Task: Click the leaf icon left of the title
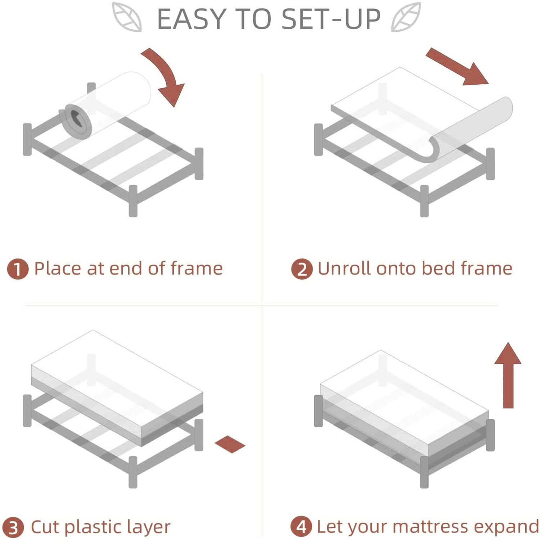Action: click(x=126, y=17)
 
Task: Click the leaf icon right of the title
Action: click(x=406, y=17)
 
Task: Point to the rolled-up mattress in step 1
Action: click(x=106, y=104)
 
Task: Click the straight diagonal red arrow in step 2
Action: click(x=457, y=67)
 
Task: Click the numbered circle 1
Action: click(x=18, y=269)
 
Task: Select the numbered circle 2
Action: click(x=302, y=269)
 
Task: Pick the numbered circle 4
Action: click(x=301, y=527)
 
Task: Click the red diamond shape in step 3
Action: click(x=230, y=444)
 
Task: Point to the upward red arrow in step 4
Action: click(x=508, y=375)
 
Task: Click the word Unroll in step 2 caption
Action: click(x=344, y=269)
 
